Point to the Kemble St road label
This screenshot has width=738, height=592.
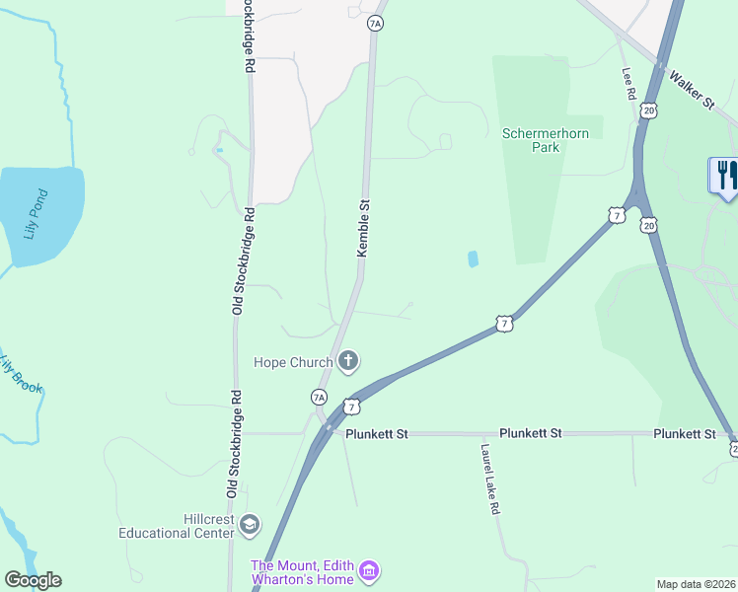363,230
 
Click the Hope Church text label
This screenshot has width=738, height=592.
292,362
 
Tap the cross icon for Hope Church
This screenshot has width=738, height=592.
347,362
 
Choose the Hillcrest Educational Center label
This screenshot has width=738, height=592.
175,526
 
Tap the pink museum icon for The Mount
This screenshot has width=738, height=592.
369,571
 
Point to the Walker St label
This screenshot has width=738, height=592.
691,89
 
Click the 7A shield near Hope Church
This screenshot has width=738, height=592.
319,397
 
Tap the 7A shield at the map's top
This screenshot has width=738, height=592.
374,22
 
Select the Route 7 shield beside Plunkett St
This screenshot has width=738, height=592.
351,407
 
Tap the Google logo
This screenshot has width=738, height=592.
33,580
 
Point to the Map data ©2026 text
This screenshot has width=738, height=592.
697,583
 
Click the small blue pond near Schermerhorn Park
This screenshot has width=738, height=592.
473,259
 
